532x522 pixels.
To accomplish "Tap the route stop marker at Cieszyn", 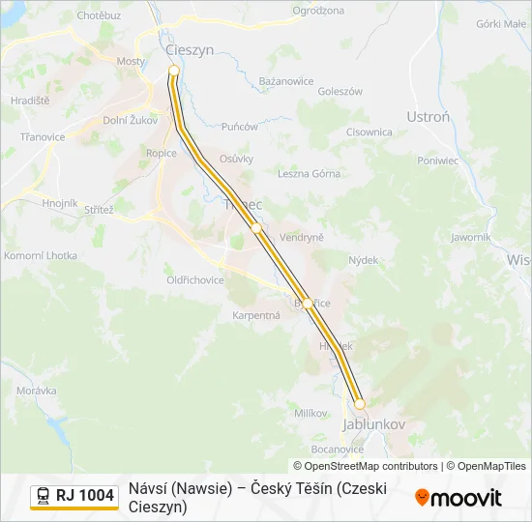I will (x=174, y=71).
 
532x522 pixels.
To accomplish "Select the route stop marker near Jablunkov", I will (x=359, y=404).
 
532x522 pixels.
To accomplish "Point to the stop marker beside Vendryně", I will (x=256, y=228).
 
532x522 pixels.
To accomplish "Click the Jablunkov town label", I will (x=373, y=424).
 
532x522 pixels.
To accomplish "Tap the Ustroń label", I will (x=428, y=117).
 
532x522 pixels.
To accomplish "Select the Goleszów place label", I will (x=340, y=92).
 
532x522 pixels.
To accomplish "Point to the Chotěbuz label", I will (x=99, y=16).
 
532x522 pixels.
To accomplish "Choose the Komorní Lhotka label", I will (x=41, y=255).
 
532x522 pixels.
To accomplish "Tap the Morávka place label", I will (x=36, y=391).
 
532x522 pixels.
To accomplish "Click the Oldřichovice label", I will (x=194, y=280).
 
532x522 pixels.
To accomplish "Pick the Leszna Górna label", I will (x=310, y=174).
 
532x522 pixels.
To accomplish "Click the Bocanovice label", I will (x=338, y=449).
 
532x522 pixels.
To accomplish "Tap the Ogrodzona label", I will (x=317, y=12).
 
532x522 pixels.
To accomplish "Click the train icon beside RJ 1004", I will (x=44, y=496).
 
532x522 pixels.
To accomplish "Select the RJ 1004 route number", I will (x=85, y=496).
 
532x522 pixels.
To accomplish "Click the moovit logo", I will (x=458, y=498).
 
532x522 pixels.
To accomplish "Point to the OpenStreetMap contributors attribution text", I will (x=365, y=466).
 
